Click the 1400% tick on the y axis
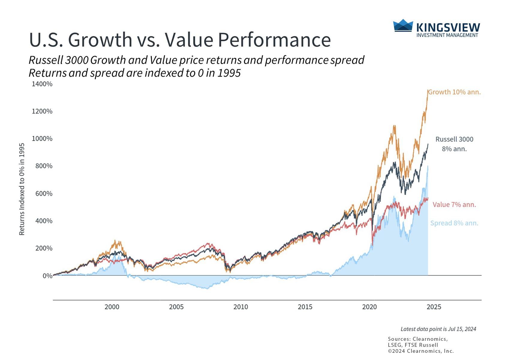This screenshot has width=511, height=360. pyautogui.click(x=42, y=84)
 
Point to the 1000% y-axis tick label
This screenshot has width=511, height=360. pyautogui.click(x=42, y=139)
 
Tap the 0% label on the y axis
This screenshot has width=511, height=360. pyautogui.click(x=47, y=276)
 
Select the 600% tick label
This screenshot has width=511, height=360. pyautogui.click(x=44, y=193)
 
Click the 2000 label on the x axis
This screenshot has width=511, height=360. pyautogui.click(x=112, y=307)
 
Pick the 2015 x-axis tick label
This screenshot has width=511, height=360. pyautogui.click(x=305, y=307)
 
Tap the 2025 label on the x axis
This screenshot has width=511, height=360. pyautogui.click(x=434, y=307)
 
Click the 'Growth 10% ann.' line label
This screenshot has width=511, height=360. pyautogui.click(x=454, y=92)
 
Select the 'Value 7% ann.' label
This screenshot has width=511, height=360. pyautogui.click(x=454, y=205)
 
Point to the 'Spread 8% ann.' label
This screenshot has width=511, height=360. pyautogui.click(x=454, y=223)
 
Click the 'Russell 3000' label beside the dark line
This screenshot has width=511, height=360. pyautogui.click(x=454, y=139)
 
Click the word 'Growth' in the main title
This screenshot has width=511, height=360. pyautogui.click(x=100, y=40)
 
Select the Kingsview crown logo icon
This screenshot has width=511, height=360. pyautogui.click(x=403, y=25)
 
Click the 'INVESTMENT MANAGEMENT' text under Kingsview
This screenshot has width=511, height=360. pyautogui.click(x=447, y=35)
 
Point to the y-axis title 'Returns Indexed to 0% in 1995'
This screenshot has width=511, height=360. pyautogui.click(x=22, y=189)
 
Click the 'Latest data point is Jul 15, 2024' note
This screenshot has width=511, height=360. pyautogui.click(x=438, y=329)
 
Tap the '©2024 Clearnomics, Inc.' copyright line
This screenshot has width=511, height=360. pyautogui.click(x=421, y=351)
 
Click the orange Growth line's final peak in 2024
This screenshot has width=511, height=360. pyautogui.click(x=427, y=90)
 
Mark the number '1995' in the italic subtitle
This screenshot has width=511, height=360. pyautogui.click(x=229, y=73)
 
